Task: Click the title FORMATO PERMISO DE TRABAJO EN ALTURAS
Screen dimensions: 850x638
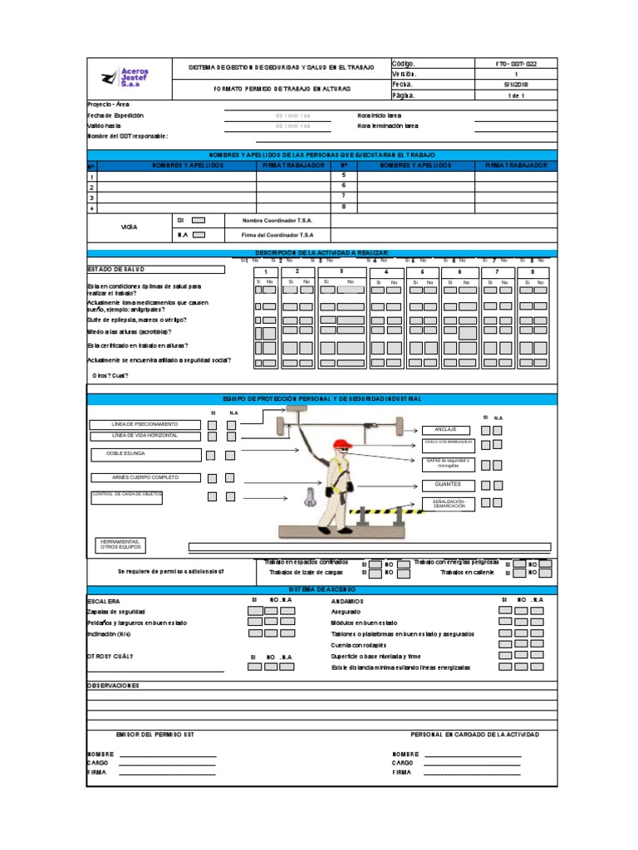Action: pos(282,88)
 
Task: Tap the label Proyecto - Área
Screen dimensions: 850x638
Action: pos(108,105)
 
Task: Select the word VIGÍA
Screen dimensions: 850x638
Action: pos(129,227)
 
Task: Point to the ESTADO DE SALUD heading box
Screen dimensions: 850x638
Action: pos(155,270)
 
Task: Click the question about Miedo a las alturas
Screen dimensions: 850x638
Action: pos(130,332)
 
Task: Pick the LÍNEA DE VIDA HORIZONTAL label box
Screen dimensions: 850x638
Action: pos(145,436)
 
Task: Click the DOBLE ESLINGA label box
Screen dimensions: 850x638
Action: pos(145,455)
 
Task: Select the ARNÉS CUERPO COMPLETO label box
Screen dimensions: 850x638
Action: pos(145,478)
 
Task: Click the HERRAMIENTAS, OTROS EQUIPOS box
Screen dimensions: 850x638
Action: pos(120,545)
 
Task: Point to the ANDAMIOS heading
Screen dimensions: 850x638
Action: pos(347,601)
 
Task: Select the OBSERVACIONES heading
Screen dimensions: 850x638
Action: pos(114,686)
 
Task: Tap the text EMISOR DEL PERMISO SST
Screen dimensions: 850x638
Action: pos(156,735)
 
